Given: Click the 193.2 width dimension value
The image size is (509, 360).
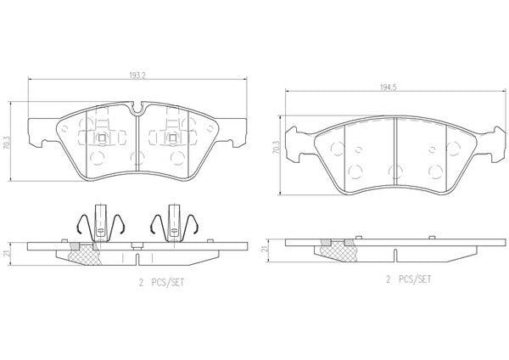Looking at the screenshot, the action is pos(137,76).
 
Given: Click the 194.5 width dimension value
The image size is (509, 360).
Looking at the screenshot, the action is pos(389,87).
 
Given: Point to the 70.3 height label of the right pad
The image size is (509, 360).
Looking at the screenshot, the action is pos(276,148).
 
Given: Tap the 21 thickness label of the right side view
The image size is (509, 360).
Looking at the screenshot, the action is pos(265,249).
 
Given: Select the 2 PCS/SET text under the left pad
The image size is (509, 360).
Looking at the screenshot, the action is pos(161,283).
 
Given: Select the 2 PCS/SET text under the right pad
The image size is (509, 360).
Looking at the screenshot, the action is pos(409,279).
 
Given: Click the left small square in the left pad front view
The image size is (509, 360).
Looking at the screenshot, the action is pos(102,138).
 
